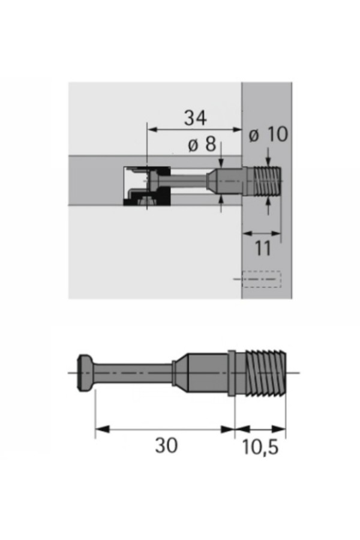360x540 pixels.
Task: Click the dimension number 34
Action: click(x=196, y=118)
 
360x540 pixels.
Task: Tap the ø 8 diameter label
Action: click(x=202, y=144)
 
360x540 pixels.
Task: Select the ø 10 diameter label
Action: click(x=268, y=134)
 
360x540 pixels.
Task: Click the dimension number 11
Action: click(x=263, y=248)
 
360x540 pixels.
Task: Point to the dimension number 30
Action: click(x=166, y=445)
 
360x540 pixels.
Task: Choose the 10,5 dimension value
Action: click(x=260, y=447)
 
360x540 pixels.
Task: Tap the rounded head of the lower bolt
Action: click(x=85, y=373)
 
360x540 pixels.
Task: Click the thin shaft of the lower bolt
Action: click(x=133, y=373)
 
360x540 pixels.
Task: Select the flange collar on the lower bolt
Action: click(x=232, y=373)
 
